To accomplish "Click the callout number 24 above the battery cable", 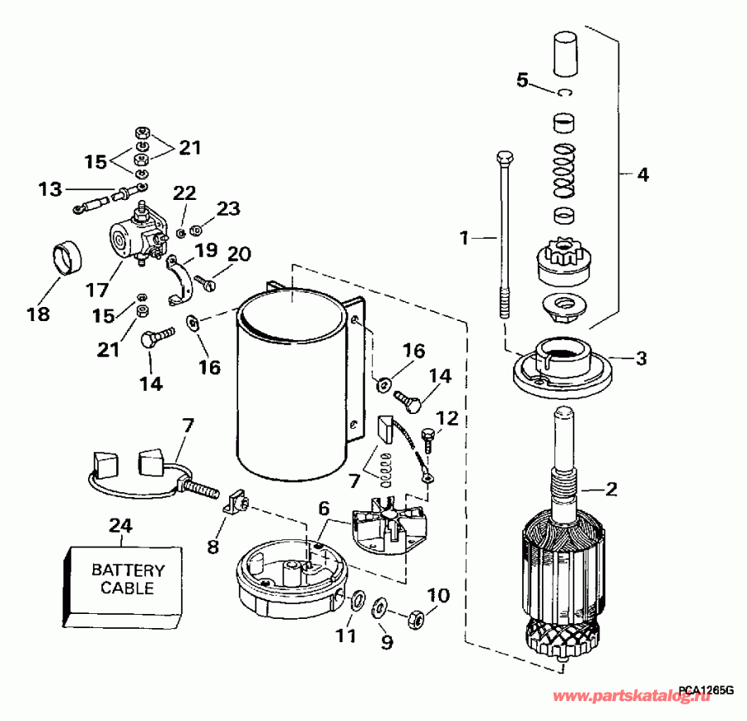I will pyautogui.click(x=121, y=525).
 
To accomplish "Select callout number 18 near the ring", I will pyautogui.click(x=38, y=314).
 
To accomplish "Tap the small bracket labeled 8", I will pyautogui.click(x=237, y=501).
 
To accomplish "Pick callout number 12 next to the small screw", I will pyautogui.click(x=447, y=417).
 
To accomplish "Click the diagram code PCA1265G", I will pyautogui.click(x=705, y=689).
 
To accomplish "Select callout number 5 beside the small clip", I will pyautogui.click(x=522, y=80).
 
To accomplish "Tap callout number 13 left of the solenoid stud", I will pyautogui.click(x=50, y=190).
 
